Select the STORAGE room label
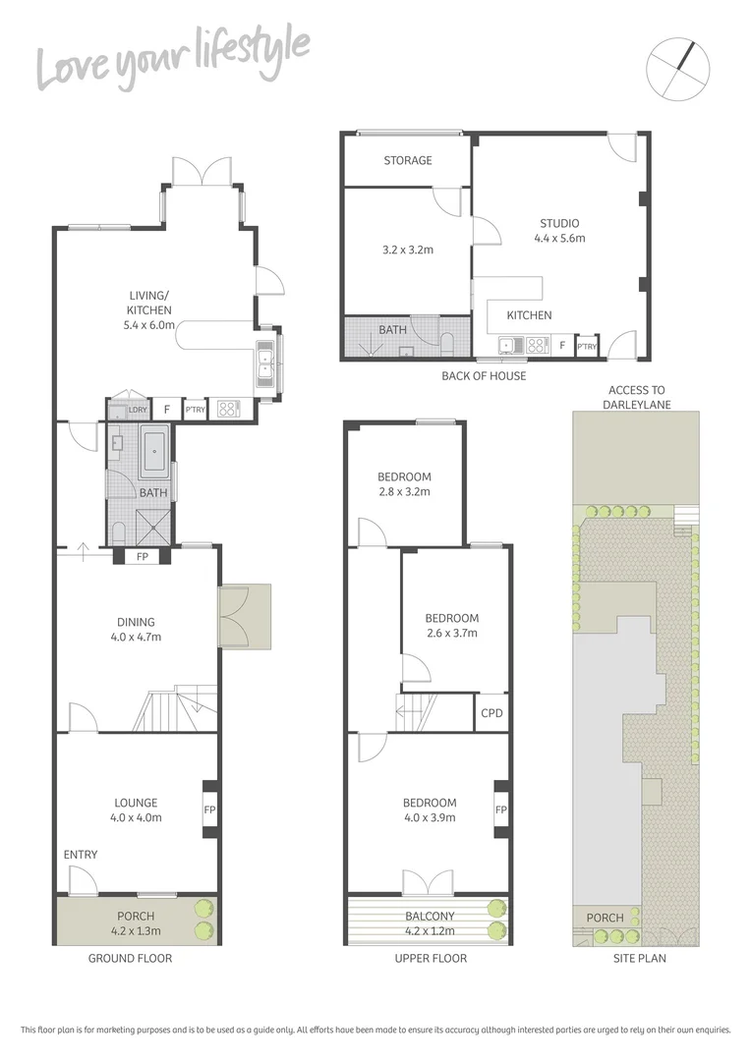pos(407,160)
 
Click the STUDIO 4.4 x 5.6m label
pos(558,230)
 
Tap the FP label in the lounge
pos(208,810)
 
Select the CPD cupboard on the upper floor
pos(491,713)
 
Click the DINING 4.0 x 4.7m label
pos(136,629)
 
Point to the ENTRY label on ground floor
pos(81,855)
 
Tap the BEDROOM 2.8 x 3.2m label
pos(404,484)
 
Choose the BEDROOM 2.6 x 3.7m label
pos(451,625)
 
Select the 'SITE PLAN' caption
pos(637,958)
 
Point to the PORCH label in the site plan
pos(605,918)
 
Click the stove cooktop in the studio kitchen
pos(537,345)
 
